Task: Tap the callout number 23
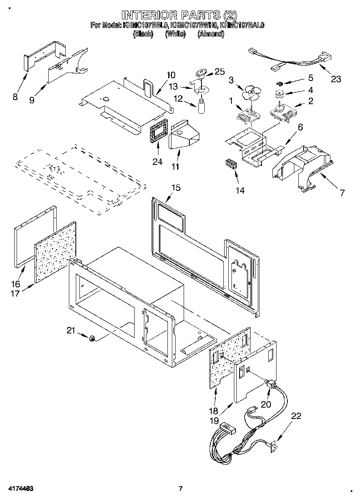pyautogui.click(x=336, y=79)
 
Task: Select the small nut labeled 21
pyautogui.click(x=92, y=338)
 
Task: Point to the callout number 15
pyautogui.click(x=176, y=188)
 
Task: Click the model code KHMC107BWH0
pyautogui.click(x=194, y=25)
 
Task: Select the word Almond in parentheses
pyautogui.click(x=211, y=34)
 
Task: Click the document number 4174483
pyautogui.click(x=19, y=489)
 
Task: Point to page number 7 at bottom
pyautogui.click(x=181, y=489)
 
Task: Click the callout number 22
pyautogui.click(x=296, y=415)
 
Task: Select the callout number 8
pyautogui.click(x=15, y=97)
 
